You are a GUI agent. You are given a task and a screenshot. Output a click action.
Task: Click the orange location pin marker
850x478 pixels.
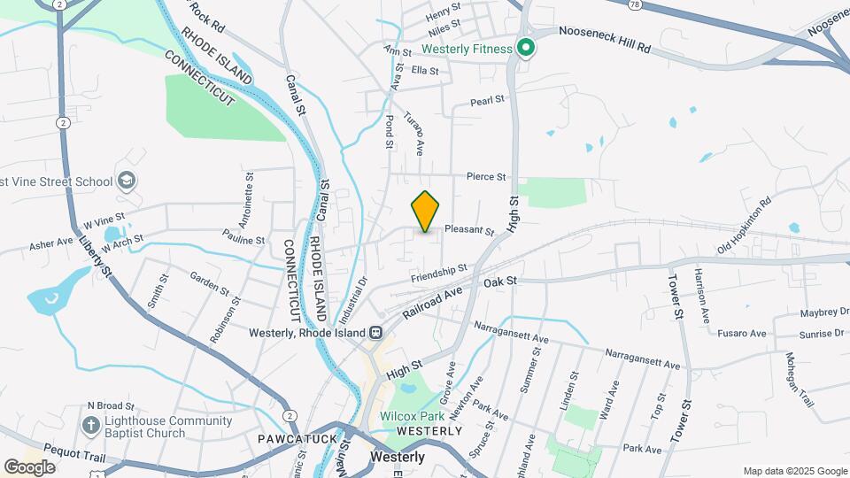(x=426, y=211)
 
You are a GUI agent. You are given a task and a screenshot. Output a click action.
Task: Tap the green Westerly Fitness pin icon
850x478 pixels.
(x=525, y=48)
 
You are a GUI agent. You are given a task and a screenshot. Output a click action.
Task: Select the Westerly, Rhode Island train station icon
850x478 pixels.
(x=376, y=333)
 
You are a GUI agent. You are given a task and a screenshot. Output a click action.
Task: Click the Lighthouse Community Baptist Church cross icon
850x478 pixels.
(x=89, y=426)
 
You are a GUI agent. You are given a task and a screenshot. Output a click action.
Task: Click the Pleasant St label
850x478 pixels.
(x=468, y=230)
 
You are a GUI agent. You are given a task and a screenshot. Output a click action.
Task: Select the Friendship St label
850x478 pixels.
(x=438, y=274)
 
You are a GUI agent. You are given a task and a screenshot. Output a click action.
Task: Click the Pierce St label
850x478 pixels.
(x=483, y=177)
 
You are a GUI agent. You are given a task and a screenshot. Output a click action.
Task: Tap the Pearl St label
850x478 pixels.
(x=487, y=101)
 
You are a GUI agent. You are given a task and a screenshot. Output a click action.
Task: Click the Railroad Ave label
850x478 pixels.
(x=434, y=302)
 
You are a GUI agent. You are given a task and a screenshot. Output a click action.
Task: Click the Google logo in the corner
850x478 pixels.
(x=29, y=466)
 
